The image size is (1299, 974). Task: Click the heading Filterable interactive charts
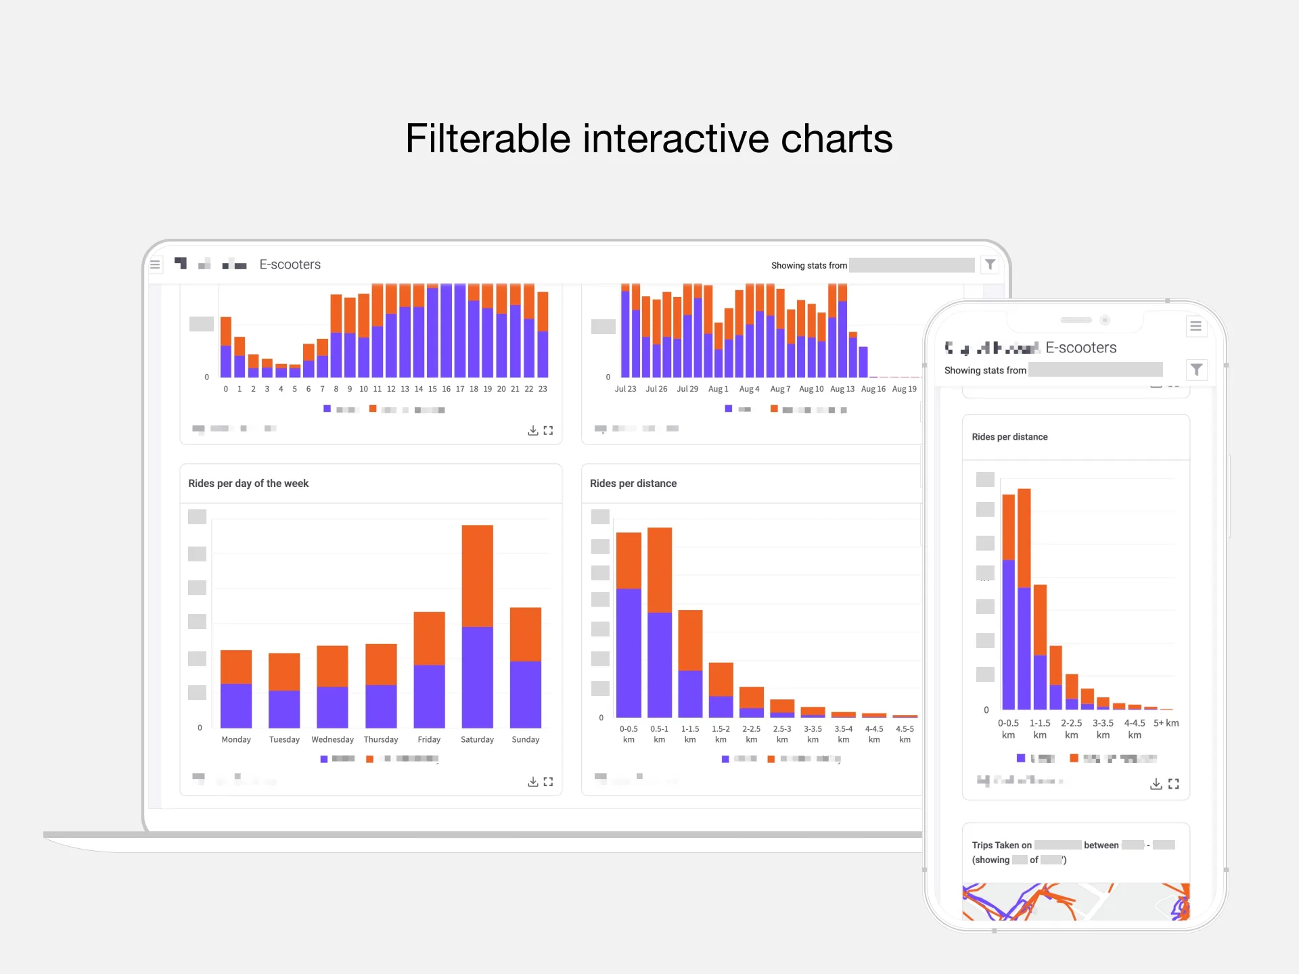[649, 139]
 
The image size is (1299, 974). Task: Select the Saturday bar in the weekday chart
[477, 626]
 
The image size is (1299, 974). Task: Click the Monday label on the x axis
[236, 739]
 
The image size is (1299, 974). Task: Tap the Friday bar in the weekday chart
[429, 670]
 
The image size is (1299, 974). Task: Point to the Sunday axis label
[525, 739]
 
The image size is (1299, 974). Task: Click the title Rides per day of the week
[248, 484]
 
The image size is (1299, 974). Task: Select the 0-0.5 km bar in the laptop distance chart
[629, 626]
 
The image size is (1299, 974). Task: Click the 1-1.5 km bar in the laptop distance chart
[690, 663]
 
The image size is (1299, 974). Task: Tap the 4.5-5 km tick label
[905, 734]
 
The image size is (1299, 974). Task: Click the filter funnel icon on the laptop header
[990, 264]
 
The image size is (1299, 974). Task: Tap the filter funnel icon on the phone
[1196, 369]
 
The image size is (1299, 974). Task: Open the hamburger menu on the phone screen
[1195, 327]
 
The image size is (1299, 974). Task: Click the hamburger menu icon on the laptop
[155, 264]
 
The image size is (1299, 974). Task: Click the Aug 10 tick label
[811, 389]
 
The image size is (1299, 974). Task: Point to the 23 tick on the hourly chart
[543, 389]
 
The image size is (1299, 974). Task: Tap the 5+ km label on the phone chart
[1166, 723]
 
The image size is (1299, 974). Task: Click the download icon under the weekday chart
[533, 782]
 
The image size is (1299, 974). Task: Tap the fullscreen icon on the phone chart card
[1174, 784]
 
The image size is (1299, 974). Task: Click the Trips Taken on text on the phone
[1001, 845]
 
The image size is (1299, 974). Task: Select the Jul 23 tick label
[625, 389]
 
